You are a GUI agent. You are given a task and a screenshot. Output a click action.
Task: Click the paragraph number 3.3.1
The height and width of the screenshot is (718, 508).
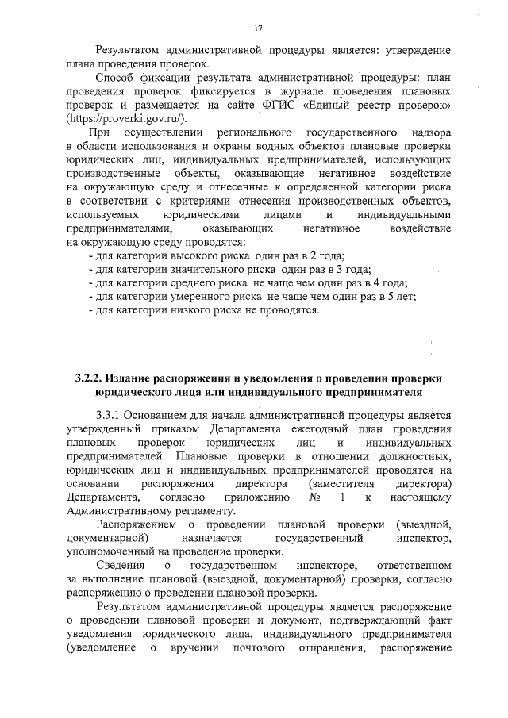pyautogui.click(x=110, y=415)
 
